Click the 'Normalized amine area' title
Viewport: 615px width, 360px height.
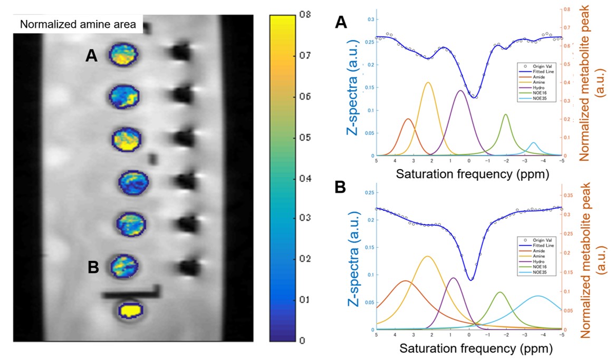click(78, 24)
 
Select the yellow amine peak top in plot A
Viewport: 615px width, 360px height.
click(428, 82)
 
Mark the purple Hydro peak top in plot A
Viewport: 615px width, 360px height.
click(460, 91)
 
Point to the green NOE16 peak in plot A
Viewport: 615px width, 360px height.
click(506, 114)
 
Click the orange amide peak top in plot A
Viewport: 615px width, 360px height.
click(408, 119)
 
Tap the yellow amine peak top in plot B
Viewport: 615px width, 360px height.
click(427, 257)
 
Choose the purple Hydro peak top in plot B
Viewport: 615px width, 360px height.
click(453, 278)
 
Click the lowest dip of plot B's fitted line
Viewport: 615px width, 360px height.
click(470, 280)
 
